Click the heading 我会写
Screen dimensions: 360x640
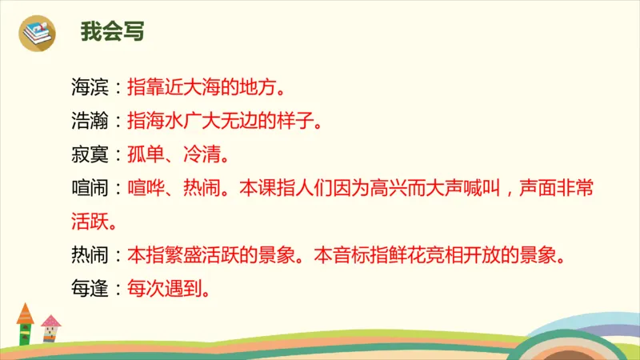coord(112,33)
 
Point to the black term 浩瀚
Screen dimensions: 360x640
coord(88,122)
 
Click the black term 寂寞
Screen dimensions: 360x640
coord(88,156)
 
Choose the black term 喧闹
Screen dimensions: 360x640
coord(88,190)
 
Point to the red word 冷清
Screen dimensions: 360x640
coord(198,156)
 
